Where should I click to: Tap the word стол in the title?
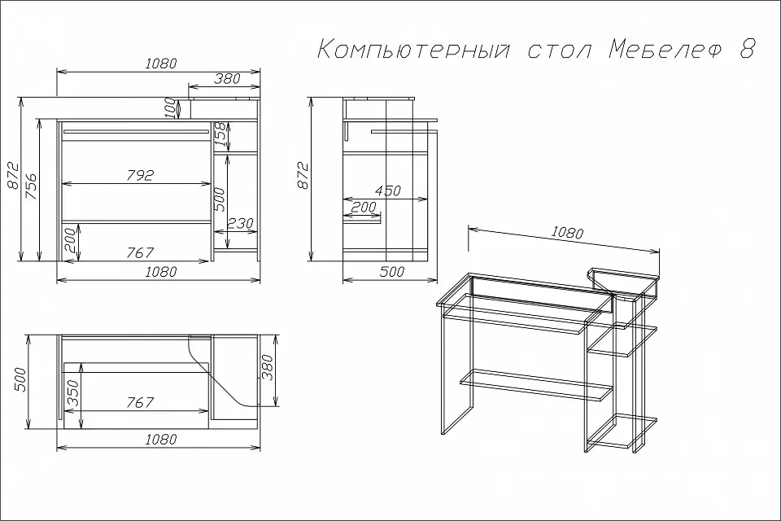pyautogui.click(x=560, y=50)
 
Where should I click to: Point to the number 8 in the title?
pyautogui.click(x=747, y=49)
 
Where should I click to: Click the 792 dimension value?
pyautogui.click(x=140, y=175)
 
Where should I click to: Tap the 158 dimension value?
pyautogui.click(x=220, y=134)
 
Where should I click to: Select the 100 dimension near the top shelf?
pyautogui.click(x=170, y=108)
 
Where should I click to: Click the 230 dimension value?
pyautogui.click(x=241, y=222)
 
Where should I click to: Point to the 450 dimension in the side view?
pyautogui.click(x=387, y=190)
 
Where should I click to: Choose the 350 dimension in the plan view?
pyautogui.click(x=72, y=393)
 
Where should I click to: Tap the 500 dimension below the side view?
pyautogui.click(x=392, y=272)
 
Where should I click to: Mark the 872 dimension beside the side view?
pyautogui.click(x=303, y=176)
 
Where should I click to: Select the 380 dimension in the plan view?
pyautogui.click(x=268, y=367)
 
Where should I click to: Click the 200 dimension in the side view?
pyautogui.click(x=364, y=207)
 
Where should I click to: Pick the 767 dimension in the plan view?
pyautogui.click(x=140, y=402)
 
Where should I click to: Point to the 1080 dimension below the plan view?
pyautogui.click(x=161, y=440)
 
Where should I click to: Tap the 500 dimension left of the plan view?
pyautogui.click(x=20, y=380)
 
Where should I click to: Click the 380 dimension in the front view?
pyautogui.click(x=228, y=78)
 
